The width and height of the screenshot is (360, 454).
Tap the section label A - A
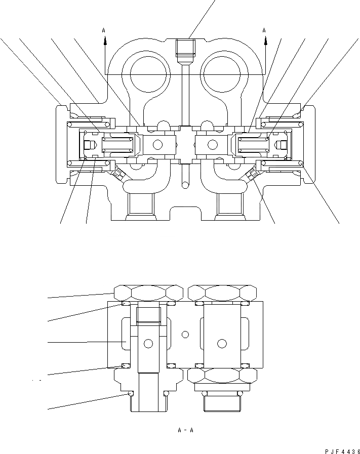[x=186, y=431]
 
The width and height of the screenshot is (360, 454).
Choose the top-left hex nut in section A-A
[x=148, y=293]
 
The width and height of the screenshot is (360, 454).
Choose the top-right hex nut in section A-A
[x=222, y=293]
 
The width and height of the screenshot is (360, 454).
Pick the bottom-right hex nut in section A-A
[x=222, y=376]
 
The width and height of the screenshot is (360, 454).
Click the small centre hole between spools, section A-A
[x=185, y=334]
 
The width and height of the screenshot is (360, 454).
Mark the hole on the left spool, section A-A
[x=148, y=344]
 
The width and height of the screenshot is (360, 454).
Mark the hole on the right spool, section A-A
[x=221, y=344]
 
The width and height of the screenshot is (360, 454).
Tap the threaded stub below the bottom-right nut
[x=221, y=402]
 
